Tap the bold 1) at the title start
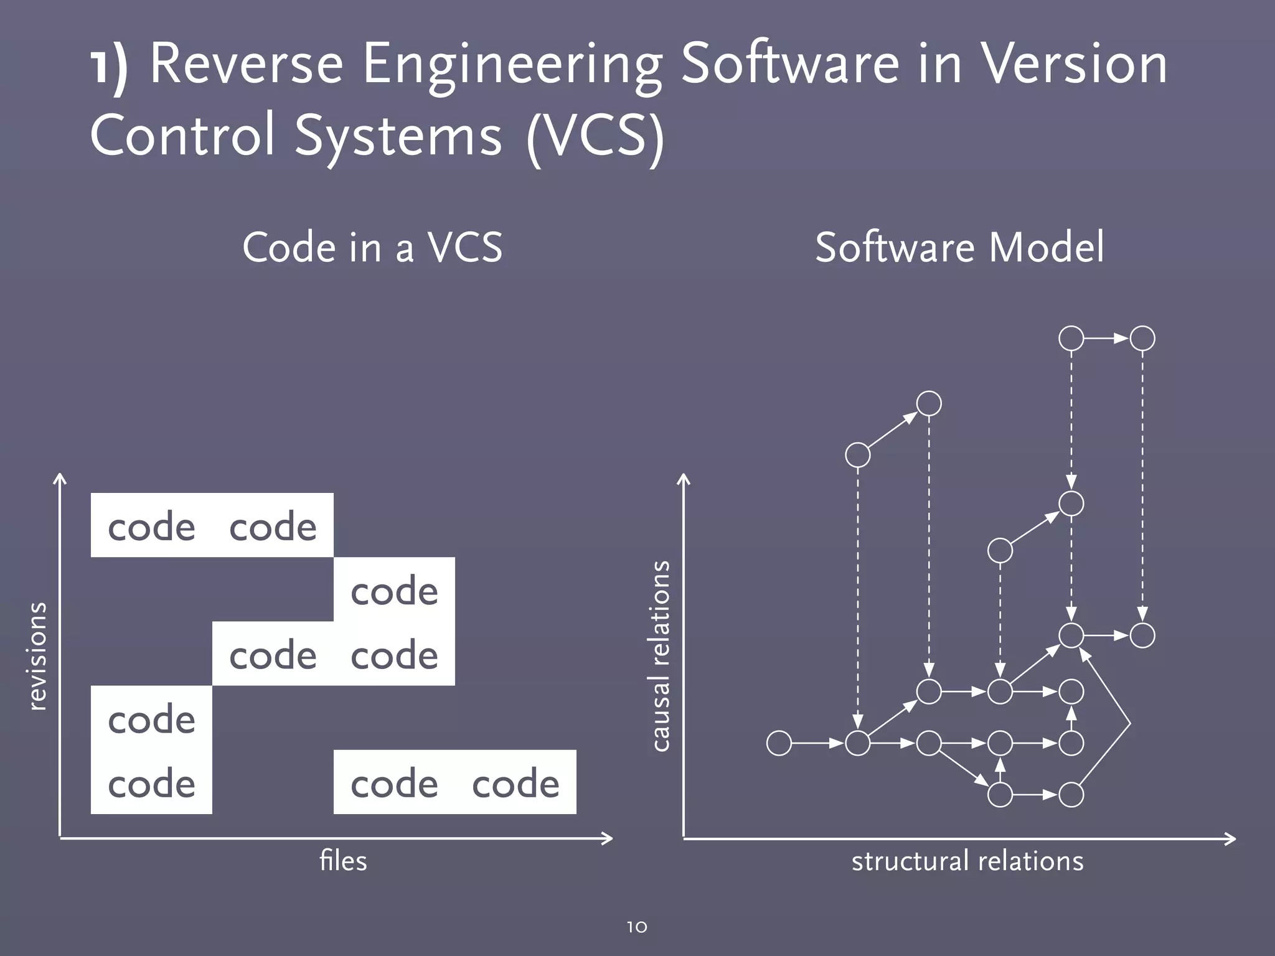click(x=110, y=66)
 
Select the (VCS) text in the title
click(x=595, y=136)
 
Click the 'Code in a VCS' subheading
click(x=372, y=247)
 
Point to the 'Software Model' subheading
click(x=959, y=247)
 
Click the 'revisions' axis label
click(x=37, y=656)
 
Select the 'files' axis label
click(x=343, y=861)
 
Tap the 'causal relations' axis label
click(x=660, y=656)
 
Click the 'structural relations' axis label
click(x=967, y=861)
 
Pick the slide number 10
click(x=637, y=927)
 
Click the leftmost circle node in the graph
click(x=779, y=743)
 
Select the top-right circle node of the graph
click(x=1142, y=339)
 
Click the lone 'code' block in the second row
click(x=394, y=590)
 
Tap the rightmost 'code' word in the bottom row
click(x=515, y=783)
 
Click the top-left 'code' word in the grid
click(x=151, y=526)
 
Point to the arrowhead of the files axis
click(x=608, y=838)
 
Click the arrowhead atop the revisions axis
click(x=59, y=479)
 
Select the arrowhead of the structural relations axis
click(x=1231, y=838)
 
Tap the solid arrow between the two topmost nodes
click(x=1107, y=339)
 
